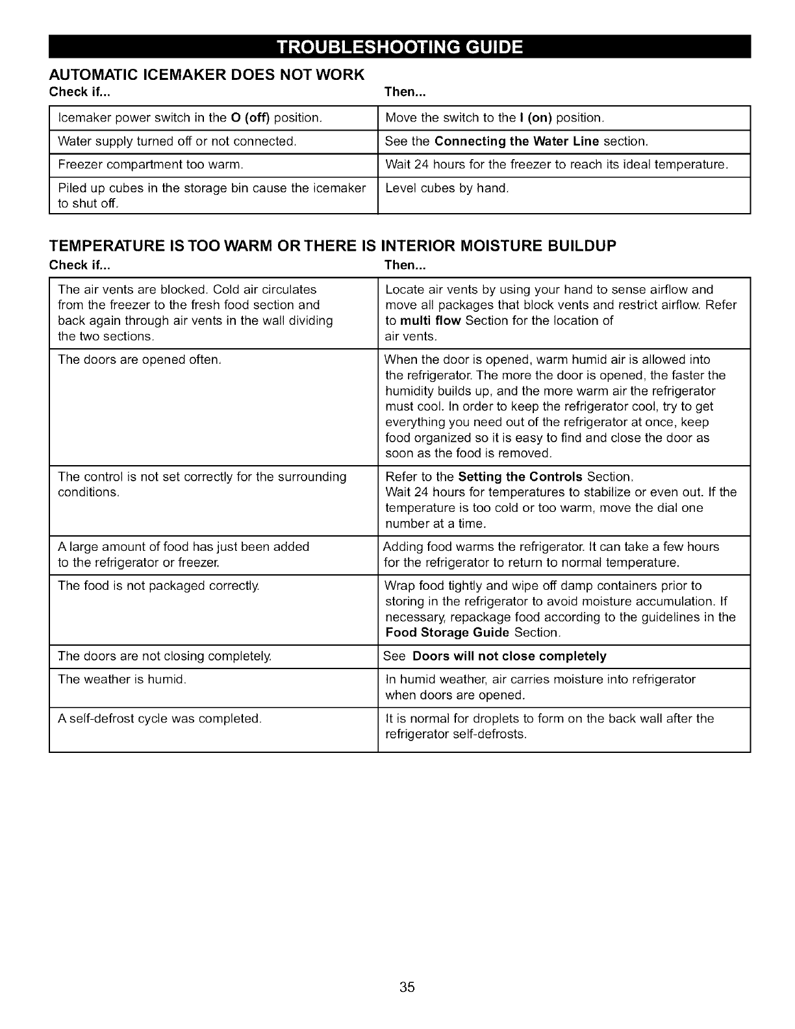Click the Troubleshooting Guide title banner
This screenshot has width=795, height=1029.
(399, 47)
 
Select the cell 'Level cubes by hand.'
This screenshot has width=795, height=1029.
(447, 189)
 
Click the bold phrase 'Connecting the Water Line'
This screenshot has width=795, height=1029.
(517, 142)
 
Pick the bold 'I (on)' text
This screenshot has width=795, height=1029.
(535, 118)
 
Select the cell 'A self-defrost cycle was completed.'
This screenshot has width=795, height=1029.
(159, 718)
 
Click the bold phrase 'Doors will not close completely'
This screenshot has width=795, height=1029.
(509, 656)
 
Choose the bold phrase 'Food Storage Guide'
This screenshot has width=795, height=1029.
(448, 633)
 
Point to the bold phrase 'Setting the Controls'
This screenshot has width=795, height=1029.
(520, 477)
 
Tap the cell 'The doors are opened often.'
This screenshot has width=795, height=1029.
(140, 360)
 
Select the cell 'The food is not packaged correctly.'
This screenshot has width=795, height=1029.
(158, 586)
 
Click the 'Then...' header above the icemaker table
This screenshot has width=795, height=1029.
(405, 92)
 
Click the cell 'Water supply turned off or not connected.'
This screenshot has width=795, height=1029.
(177, 142)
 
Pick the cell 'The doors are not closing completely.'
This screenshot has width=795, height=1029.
(164, 656)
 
